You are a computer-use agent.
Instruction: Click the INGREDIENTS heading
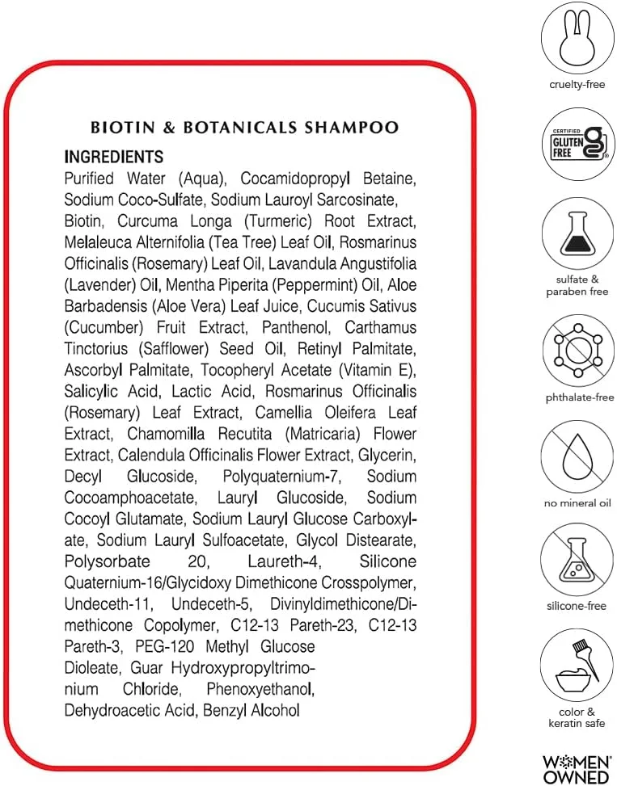coord(113,157)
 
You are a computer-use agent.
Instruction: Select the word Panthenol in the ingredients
coord(297,327)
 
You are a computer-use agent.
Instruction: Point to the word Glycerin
coord(388,455)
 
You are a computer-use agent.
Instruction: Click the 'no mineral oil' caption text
coord(577,503)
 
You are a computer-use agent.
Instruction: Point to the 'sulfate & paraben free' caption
coord(577,285)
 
